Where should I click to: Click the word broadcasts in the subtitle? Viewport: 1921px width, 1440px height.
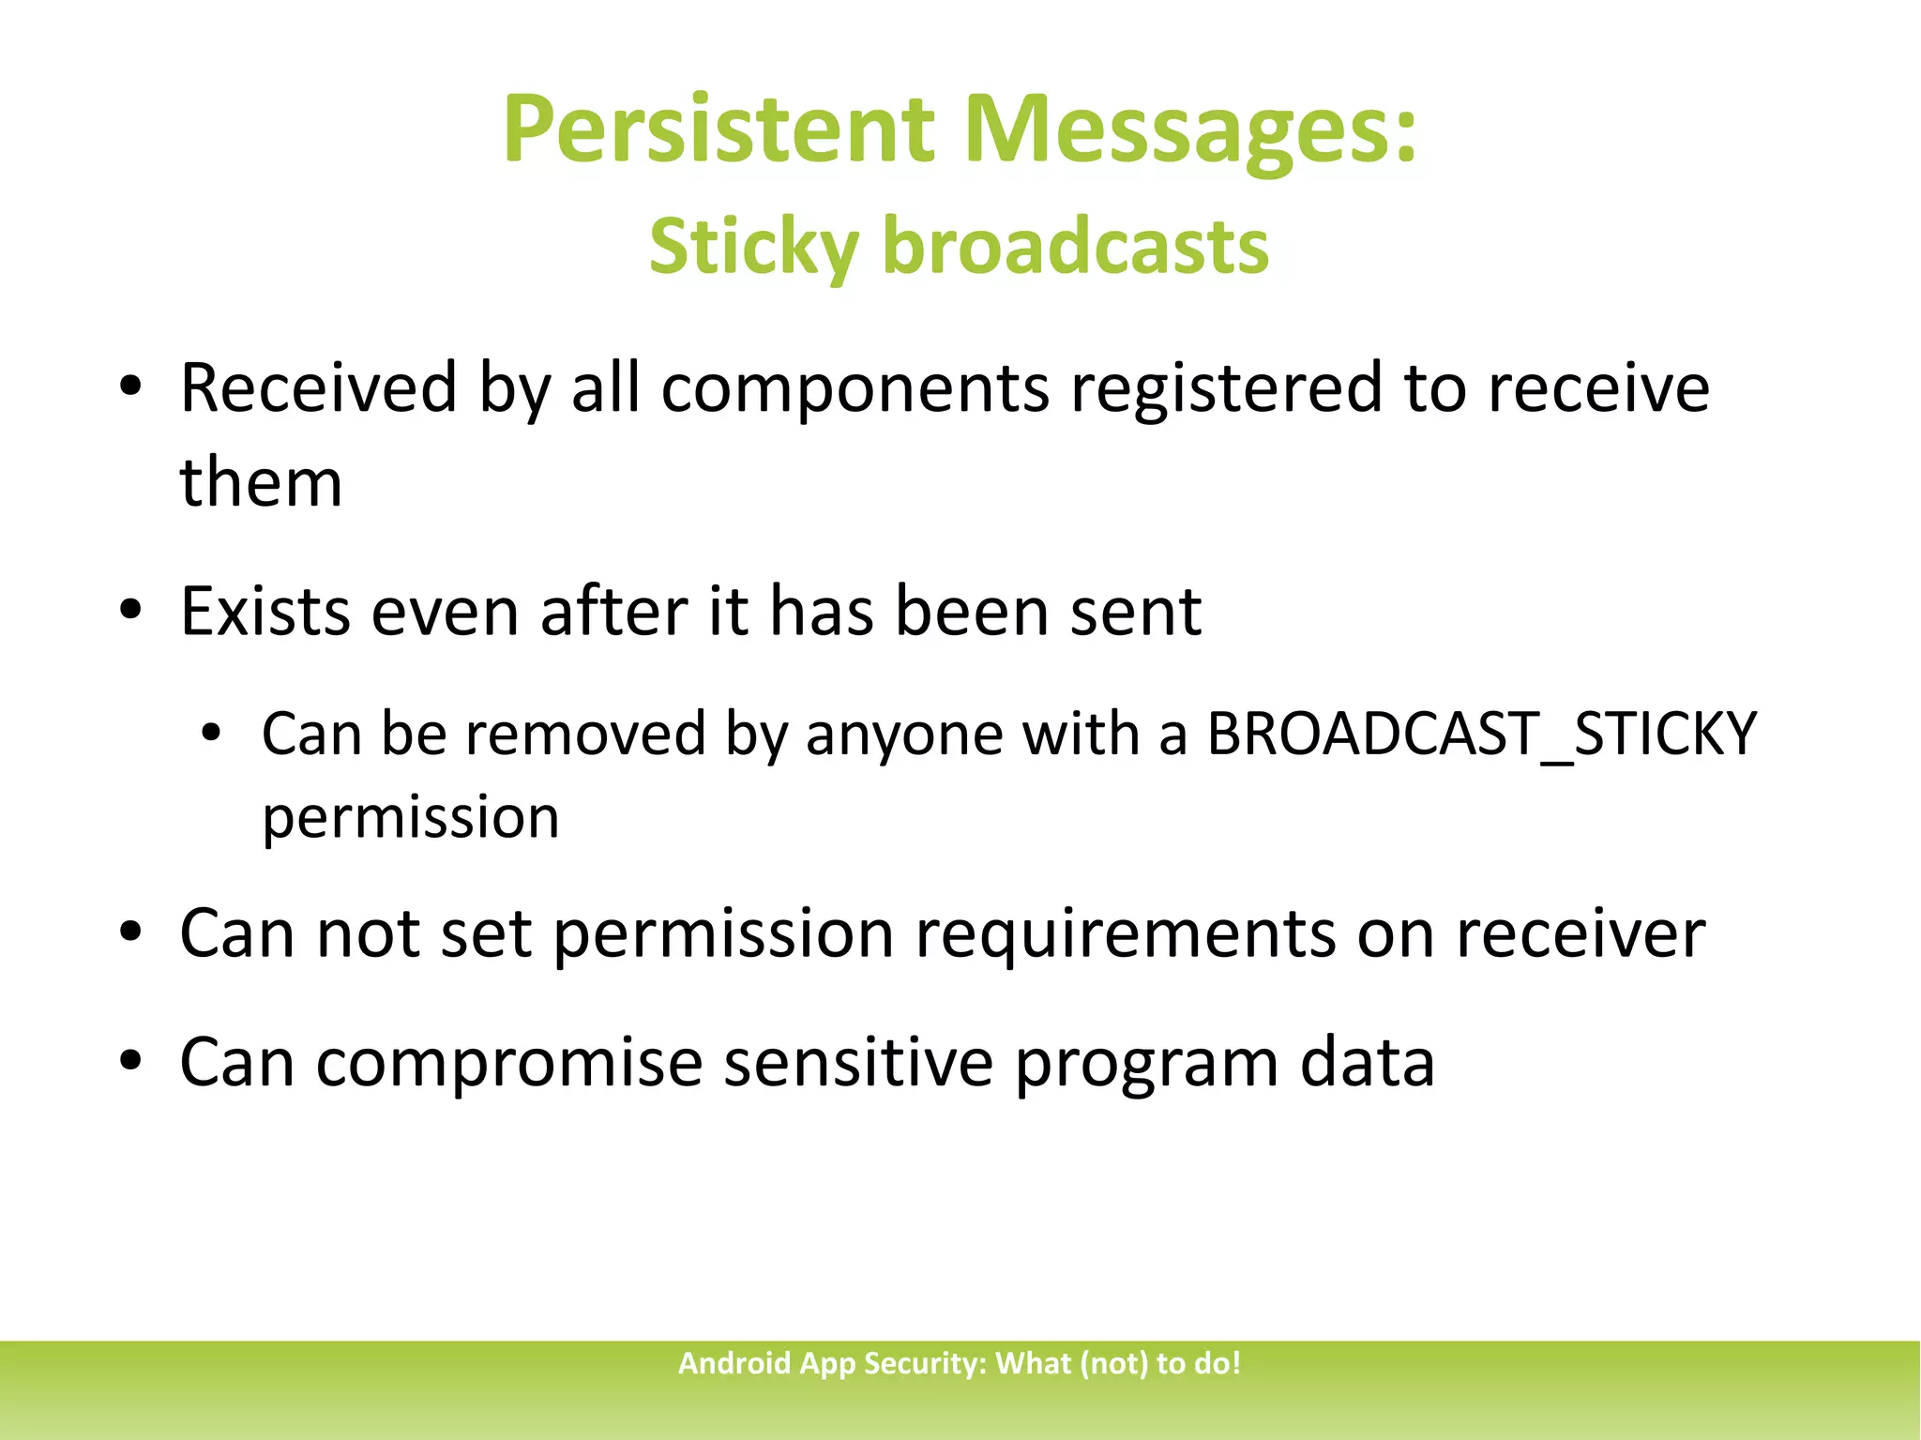(x=1076, y=246)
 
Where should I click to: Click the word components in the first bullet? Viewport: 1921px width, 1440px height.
(x=855, y=387)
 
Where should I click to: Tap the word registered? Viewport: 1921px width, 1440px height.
(x=1226, y=387)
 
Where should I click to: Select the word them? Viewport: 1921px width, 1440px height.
(x=261, y=482)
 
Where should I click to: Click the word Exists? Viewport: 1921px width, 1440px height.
(x=265, y=612)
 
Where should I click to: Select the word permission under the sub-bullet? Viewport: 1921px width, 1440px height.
(x=410, y=816)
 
